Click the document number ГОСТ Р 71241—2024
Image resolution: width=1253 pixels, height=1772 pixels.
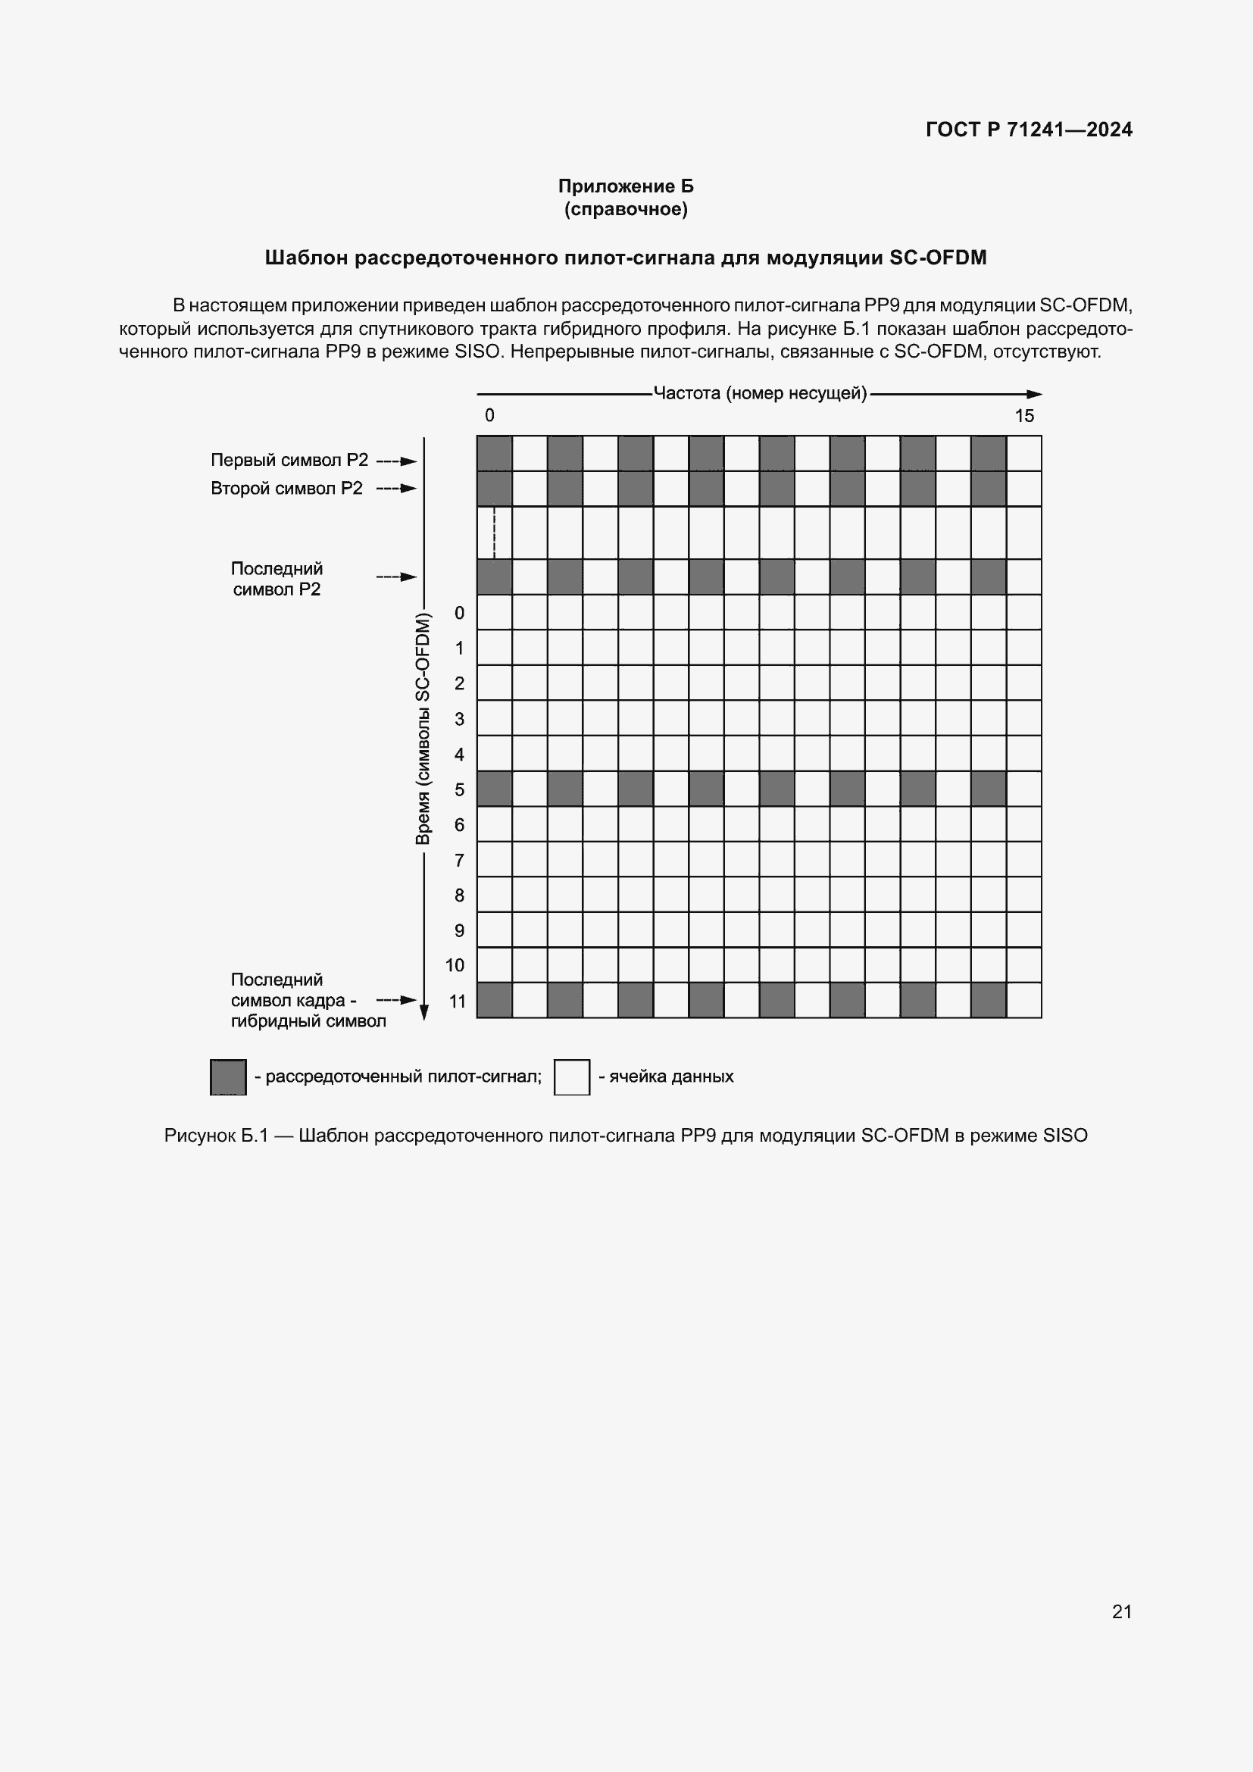(x=1029, y=130)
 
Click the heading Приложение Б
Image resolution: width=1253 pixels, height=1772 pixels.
(x=626, y=186)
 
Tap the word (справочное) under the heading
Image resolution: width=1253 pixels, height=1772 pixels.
(x=626, y=209)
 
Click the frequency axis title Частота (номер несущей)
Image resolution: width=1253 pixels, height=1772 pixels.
(x=760, y=394)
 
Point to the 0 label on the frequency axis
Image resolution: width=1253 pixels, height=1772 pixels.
(x=489, y=416)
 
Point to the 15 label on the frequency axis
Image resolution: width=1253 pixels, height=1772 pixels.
(x=1024, y=416)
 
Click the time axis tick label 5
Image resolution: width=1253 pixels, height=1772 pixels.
(x=459, y=789)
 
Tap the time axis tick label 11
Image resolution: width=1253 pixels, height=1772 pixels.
(x=458, y=1001)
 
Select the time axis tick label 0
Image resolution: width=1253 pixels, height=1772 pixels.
(x=459, y=613)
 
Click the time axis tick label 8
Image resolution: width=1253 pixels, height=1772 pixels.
(x=459, y=895)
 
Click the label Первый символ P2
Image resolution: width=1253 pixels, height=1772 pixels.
(x=289, y=460)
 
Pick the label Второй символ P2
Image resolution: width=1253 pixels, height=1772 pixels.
(x=286, y=489)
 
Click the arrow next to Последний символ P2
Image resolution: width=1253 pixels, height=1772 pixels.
(x=396, y=577)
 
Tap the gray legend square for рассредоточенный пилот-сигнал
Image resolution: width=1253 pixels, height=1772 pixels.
(x=228, y=1077)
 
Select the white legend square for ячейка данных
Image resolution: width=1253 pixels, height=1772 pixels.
(x=572, y=1077)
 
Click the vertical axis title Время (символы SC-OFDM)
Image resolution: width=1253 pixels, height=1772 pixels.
(x=423, y=729)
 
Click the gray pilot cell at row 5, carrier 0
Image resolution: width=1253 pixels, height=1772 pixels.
(x=495, y=789)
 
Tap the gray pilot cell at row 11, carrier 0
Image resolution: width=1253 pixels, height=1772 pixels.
(x=495, y=1000)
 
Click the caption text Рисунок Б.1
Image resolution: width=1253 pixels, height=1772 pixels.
(x=215, y=1136)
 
